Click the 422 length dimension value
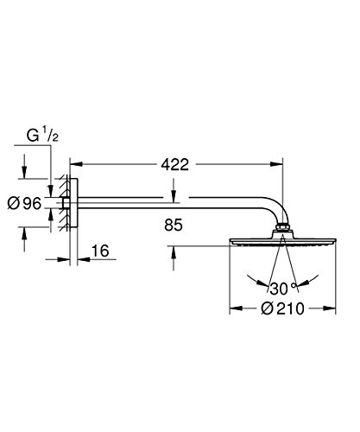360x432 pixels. tap(175, 161)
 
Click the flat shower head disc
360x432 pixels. tap(280, 241)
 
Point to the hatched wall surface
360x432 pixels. tap(63, 204)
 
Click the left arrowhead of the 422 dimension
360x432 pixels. tap(73, 161)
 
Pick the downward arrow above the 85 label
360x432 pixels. tap(176, 200)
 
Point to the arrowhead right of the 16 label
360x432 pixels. tap(82, 258)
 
